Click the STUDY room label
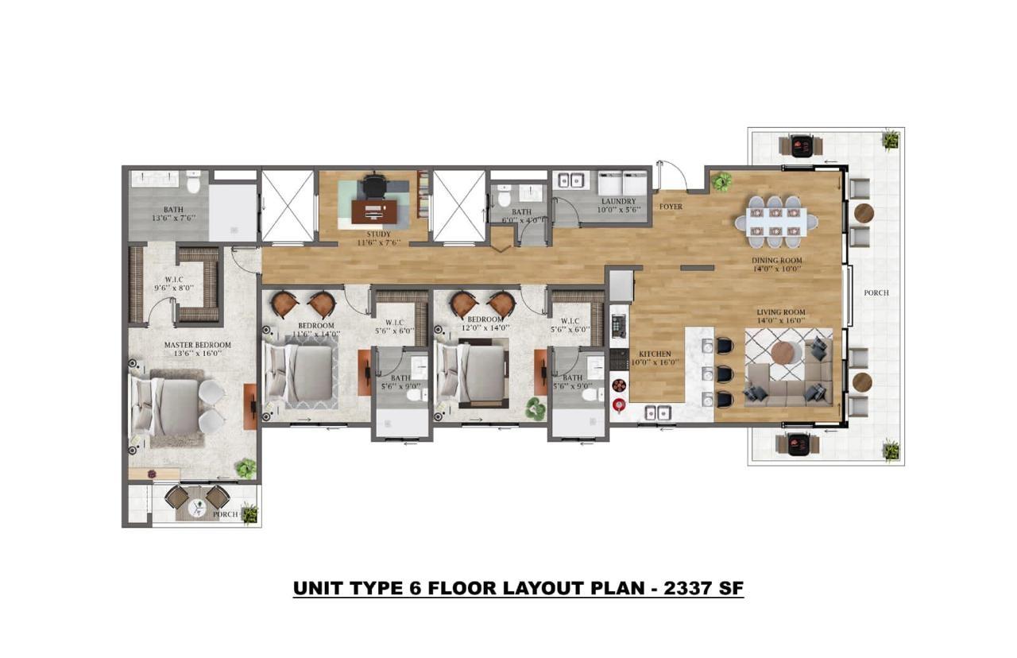click(379, 234)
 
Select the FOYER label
click(671, 207)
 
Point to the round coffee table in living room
click(787, 352)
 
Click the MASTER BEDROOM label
click(197, 345)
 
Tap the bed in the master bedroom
click(167, 406)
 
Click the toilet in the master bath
click(192, 182)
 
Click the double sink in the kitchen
click(657, 412)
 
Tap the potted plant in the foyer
click(722, 182)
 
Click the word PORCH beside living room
click(876, 292)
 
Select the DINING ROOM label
click(777, 260)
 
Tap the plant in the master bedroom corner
click(246, 469)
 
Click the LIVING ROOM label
click(780, 312)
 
